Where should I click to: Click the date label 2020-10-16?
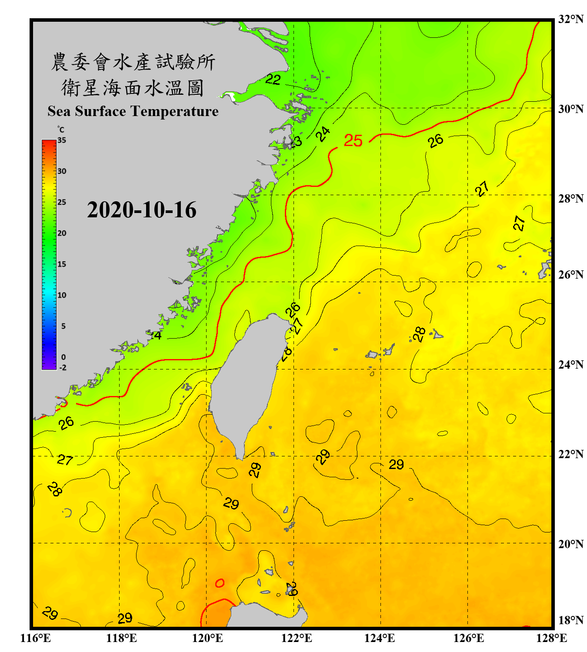click(142, 210)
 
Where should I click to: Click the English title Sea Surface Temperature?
click(133, 111)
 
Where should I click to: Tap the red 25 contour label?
click(353, 140)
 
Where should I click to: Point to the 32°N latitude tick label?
click(570, 19)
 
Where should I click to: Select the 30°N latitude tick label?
click(570, 109)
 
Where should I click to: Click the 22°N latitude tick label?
click(570, 454)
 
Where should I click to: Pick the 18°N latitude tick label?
click(570, 620)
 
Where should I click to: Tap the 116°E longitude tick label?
click(36, 638)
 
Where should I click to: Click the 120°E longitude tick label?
click(207, 638)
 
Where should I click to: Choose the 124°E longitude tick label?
click(380, 638)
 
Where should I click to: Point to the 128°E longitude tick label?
click(551, 638)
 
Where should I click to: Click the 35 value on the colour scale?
click(62, 140)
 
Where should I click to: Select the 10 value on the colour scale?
click(62, 295)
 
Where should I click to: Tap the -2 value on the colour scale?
click(63, 368)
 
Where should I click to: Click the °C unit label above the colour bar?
click(61, 130)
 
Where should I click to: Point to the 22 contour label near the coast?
click(273, 79)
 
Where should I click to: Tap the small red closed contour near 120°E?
click(220, 583)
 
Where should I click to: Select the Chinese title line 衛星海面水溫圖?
click(133, 88)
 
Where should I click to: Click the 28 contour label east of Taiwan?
click(419, 334)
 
